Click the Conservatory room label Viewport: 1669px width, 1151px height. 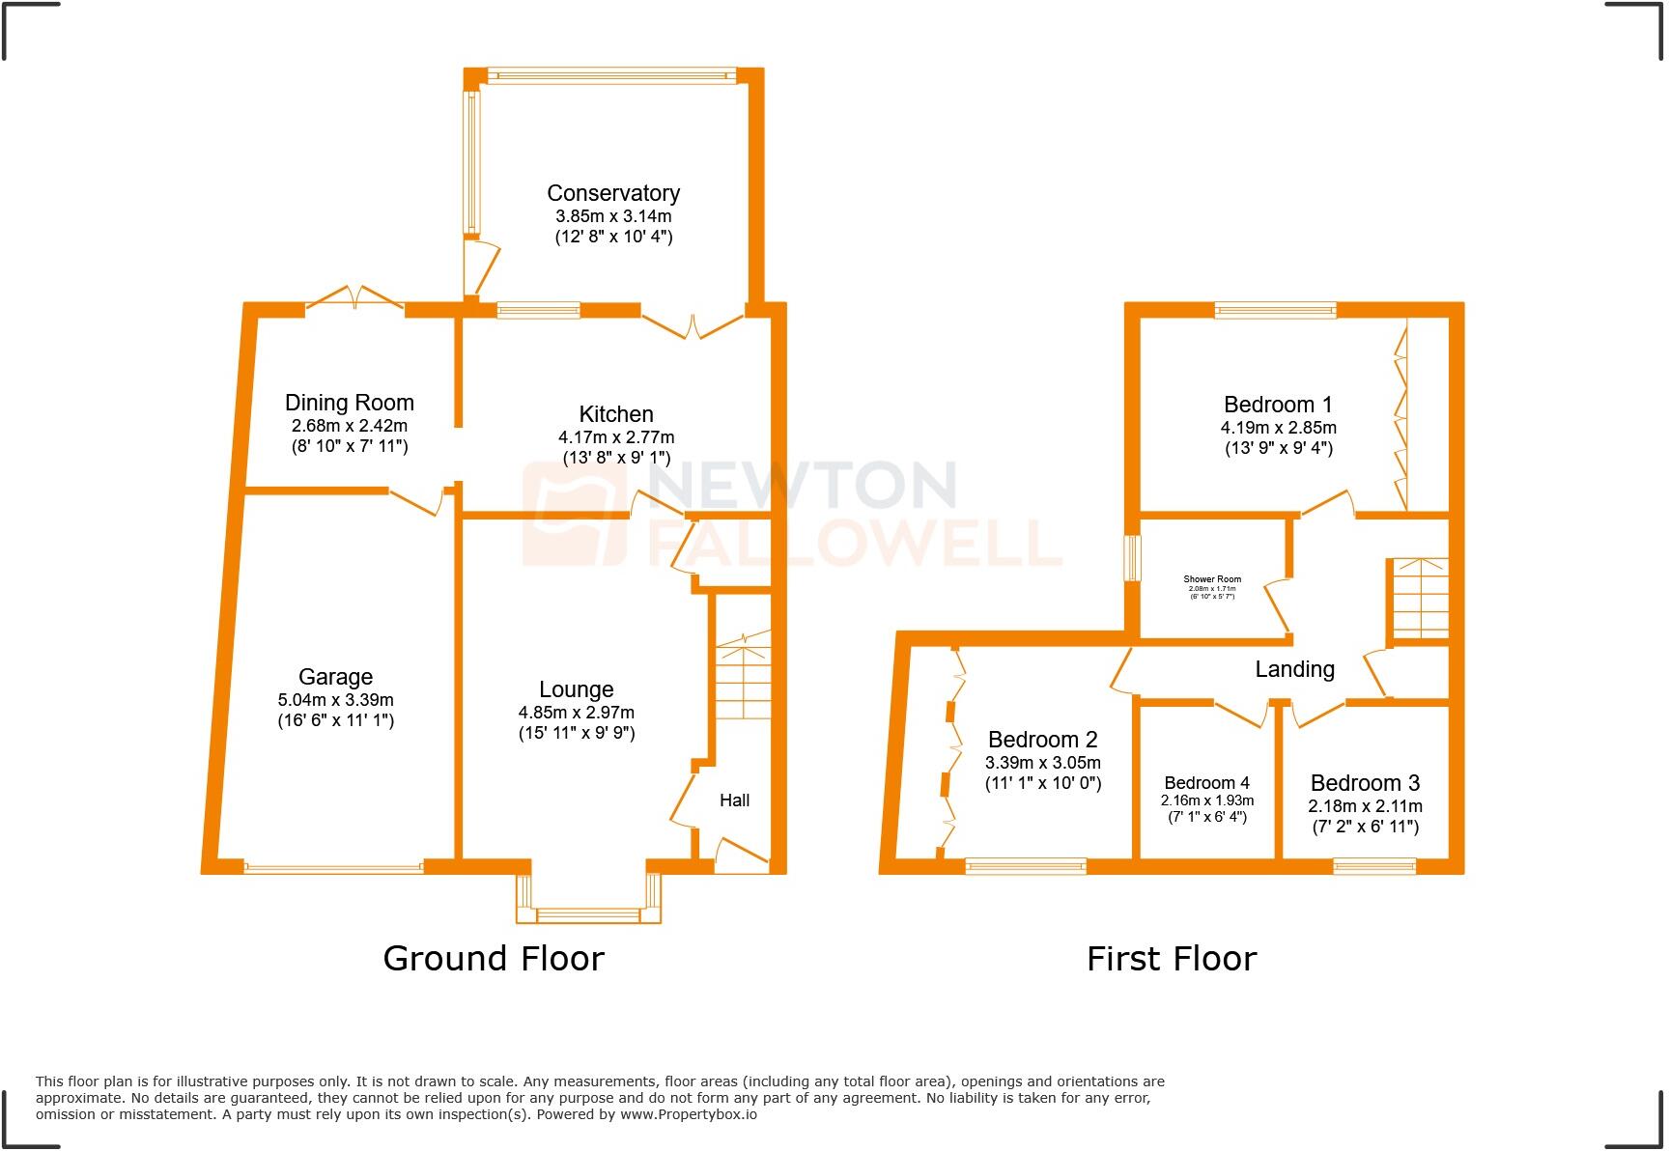coord(613,193)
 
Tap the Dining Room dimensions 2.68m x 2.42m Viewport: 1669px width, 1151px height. coord(349,426)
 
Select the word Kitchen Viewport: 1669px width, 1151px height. coord(616,414)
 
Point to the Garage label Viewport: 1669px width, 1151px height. coord(335,677)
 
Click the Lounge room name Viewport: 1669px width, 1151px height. coord(576,689)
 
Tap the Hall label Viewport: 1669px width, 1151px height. coord(734,800)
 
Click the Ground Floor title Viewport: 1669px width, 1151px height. coord(493,958)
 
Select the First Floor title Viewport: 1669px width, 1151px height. coord(1171,959)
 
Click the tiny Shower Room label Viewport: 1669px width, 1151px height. coord(1212,579)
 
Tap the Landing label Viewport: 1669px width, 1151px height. coord(1294,669)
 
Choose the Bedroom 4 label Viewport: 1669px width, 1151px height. coord(1206,783)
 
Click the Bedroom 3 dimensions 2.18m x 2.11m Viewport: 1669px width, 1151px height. coord(1365,806)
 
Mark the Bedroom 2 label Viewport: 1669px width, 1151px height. coord(1042,740)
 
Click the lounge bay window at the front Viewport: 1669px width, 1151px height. coord(588,913)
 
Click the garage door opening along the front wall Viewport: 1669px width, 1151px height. coord(333,867)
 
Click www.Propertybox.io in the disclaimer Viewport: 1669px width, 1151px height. coord(688,1114)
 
